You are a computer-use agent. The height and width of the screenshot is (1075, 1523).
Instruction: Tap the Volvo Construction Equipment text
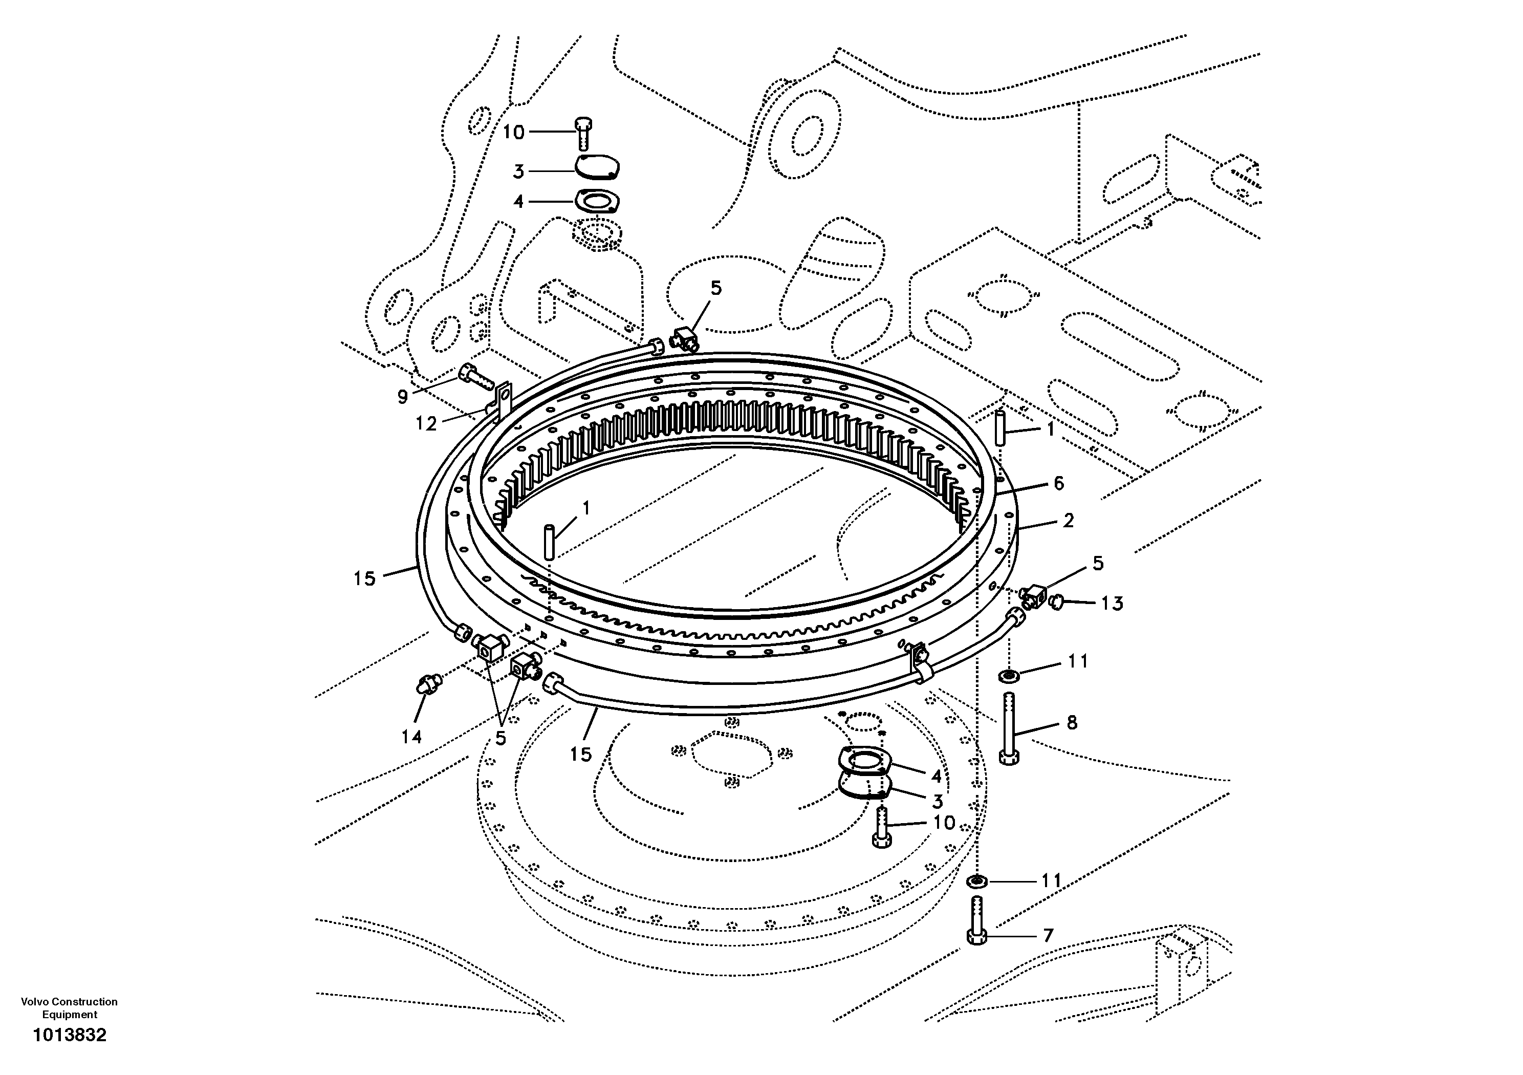point(69,1008)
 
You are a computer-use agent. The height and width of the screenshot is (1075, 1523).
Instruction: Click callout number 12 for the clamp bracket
point(426,423)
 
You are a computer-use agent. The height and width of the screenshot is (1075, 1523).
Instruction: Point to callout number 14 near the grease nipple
point(411,737)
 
